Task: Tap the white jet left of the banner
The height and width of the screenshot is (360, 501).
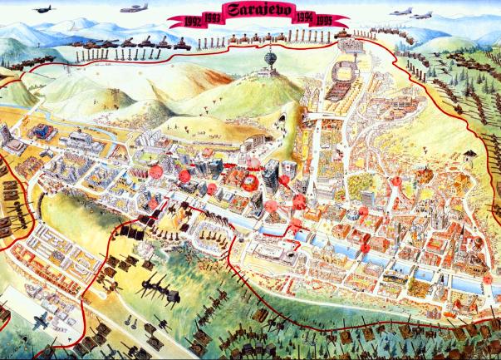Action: click(132, 11)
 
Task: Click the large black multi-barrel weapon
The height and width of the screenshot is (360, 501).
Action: click(159, 287)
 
